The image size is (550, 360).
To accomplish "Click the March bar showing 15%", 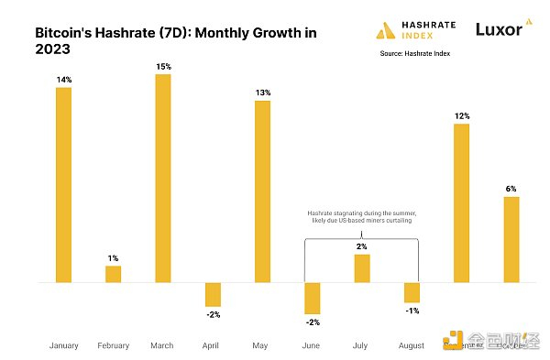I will coord(162,179).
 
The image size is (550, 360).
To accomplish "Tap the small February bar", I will coord(113,274).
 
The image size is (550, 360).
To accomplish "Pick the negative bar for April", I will coord(213,294).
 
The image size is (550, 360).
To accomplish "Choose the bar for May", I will coord(262,191).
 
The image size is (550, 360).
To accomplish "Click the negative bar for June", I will coord(312,299).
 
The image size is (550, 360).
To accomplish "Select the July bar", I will coord(362,268).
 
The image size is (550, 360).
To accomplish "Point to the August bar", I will coord(412,292).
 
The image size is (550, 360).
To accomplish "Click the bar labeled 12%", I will coord(461,203).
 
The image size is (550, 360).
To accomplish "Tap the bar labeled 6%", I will coord(511,239).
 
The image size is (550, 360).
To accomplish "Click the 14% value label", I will coord(63,81).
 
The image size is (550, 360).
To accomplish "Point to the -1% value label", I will coord(412,311).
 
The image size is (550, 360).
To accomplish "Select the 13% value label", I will coord(262,93).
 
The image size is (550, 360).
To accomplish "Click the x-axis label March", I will coord(162,345).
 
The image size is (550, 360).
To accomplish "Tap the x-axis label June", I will coord(312,345).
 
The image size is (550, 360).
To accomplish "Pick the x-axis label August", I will coord(412,345).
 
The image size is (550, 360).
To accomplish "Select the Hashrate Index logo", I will coord(412,30).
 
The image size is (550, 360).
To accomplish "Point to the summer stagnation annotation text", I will coord(361,217).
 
